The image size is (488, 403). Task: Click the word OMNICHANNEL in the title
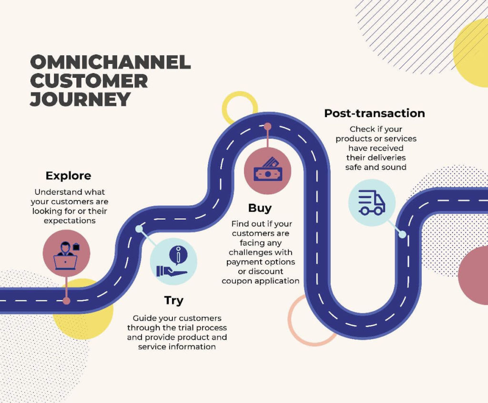111,62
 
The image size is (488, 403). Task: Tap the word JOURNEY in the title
80,99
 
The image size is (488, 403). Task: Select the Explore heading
69,176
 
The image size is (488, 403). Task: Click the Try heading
173,301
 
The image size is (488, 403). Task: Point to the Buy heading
260,208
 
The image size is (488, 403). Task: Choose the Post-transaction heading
375,113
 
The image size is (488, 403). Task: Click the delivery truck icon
372,202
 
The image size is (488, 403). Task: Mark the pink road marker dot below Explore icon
67,301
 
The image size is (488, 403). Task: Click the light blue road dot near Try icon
139,229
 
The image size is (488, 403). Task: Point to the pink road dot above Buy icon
268,127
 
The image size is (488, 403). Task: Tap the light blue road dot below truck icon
402,235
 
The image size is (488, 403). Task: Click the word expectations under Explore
70,221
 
